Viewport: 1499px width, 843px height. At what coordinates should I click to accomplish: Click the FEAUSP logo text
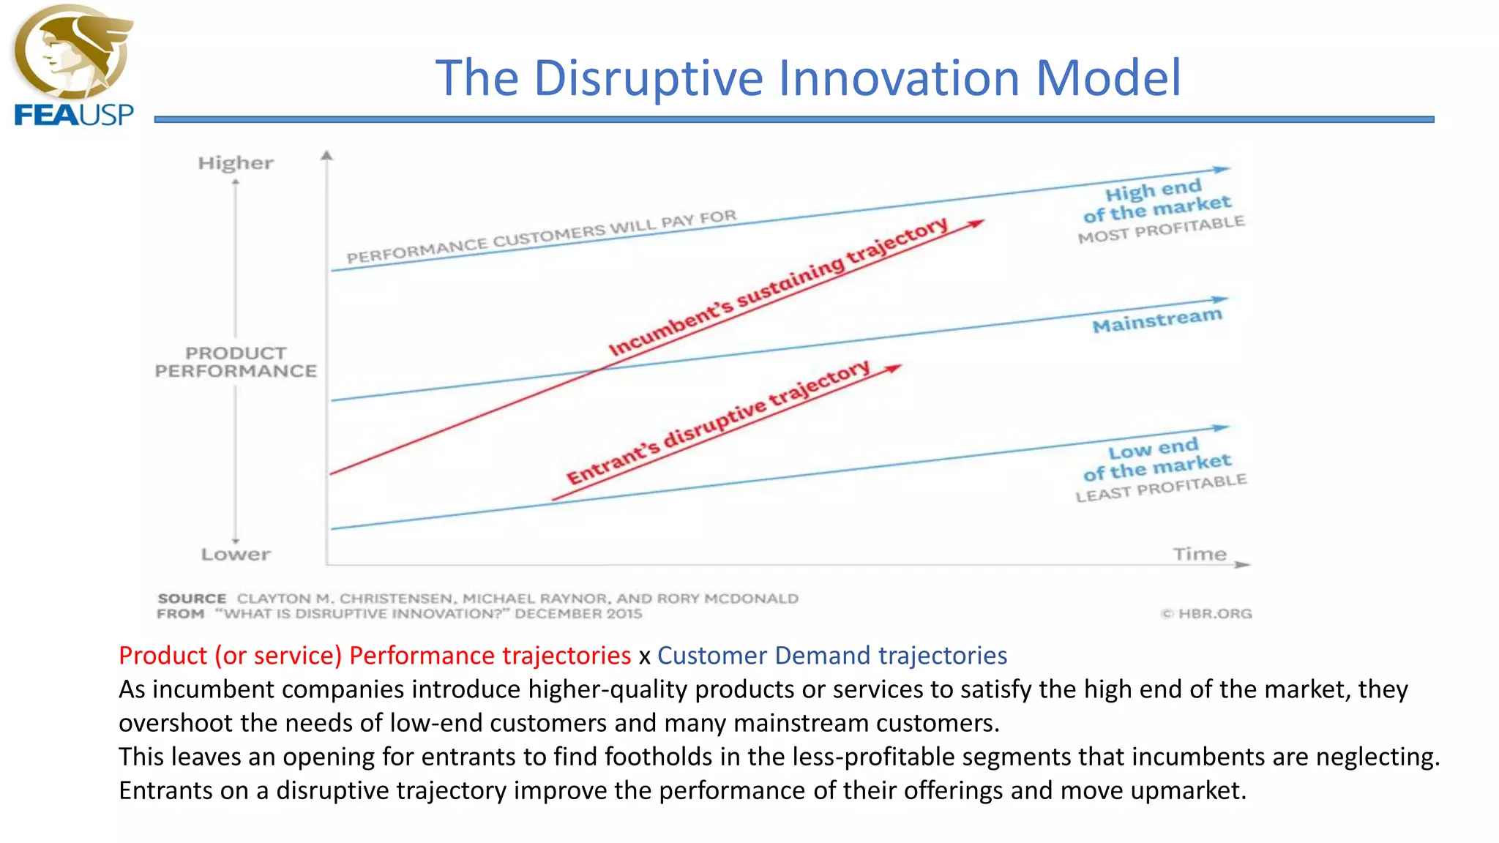click(74, 115)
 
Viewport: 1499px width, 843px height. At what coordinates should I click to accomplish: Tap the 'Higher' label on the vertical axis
click(236, 162)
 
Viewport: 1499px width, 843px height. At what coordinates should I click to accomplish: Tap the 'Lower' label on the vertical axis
click(236, 554)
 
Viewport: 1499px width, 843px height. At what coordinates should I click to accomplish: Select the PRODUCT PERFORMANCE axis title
click(236, 362)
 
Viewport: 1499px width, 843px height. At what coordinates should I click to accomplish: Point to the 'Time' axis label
click(1199, 554)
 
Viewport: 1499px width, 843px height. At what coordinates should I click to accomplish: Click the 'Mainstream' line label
click(1157, 321)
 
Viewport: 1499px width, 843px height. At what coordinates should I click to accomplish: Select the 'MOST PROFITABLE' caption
click(1161, 229)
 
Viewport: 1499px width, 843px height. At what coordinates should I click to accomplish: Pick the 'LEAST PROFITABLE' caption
click(1161, 488)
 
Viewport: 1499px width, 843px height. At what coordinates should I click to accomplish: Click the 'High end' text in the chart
click(1153, 190)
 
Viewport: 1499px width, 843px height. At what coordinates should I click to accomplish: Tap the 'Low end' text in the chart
click(1153, 448)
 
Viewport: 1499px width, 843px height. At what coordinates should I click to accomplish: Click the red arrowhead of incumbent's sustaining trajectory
click(976, 223)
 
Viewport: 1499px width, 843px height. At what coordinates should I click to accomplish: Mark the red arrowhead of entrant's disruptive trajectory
click(893, 368)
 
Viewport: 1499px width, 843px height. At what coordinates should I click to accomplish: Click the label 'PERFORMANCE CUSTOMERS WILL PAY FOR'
click(541, 237)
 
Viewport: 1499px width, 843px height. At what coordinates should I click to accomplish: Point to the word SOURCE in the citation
click(192, 599)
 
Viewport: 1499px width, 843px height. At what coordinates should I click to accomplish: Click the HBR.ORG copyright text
click(1208, 613)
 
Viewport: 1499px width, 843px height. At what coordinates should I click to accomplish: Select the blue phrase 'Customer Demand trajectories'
click(831, 655)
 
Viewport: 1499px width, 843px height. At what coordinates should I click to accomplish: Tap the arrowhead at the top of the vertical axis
click(327, 155)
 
